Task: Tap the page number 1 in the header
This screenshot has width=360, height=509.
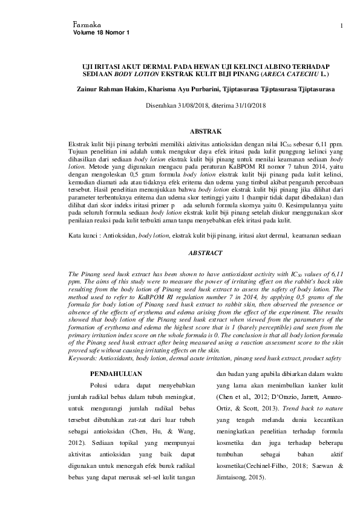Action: tap(342, 25)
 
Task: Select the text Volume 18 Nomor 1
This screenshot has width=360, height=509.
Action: tap(101, 32)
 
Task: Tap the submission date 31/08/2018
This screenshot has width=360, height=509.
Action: tap(191, 105)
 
